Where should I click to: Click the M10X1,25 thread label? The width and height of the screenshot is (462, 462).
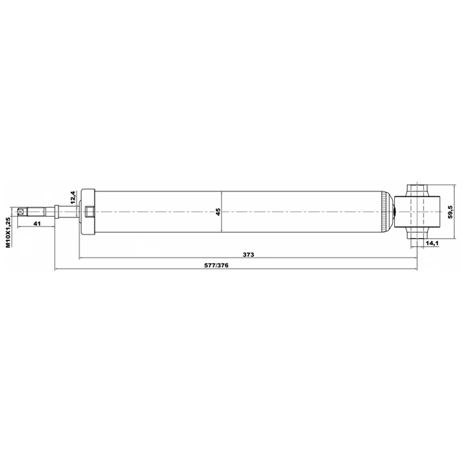(9, 232)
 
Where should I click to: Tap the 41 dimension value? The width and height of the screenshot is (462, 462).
(37, 224)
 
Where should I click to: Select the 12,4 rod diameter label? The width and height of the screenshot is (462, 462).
(74, 197)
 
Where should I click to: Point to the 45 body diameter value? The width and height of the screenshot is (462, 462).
(218, 212)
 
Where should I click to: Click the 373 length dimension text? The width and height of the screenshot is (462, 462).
(248, 255)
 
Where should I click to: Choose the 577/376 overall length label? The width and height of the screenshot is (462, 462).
(217, 266)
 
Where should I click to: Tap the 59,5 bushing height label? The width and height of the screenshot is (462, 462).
(450, 212)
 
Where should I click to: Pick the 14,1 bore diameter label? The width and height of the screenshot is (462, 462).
(432, 243)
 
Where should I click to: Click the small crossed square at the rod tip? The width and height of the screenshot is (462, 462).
(20, 212)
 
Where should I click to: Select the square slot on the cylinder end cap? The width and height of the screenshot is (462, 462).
(90, 212)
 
